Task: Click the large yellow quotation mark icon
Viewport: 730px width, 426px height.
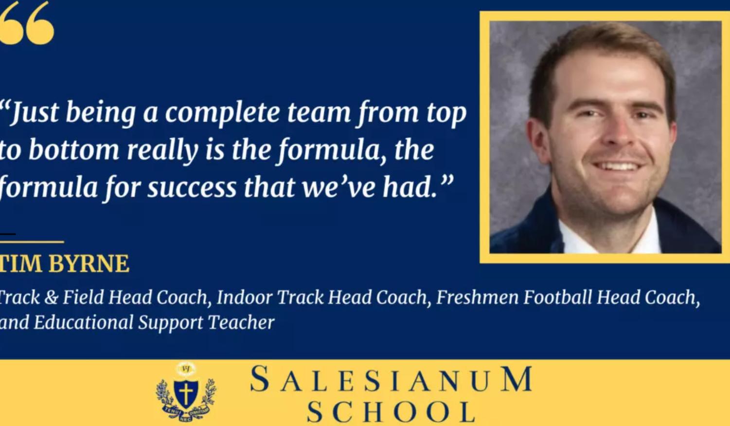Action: [27, 23]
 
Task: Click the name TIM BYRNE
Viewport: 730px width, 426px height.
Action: [64, 264]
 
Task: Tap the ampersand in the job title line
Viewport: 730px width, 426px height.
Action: [51, 297]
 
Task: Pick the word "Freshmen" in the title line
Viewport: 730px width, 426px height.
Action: [477, 297]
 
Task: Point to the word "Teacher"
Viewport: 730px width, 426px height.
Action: [241, 322]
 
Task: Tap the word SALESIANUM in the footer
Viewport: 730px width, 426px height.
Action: [392, 380]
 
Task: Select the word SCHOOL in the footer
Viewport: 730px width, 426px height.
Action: [392, 412]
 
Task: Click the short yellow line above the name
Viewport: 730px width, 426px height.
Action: [32, 241]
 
